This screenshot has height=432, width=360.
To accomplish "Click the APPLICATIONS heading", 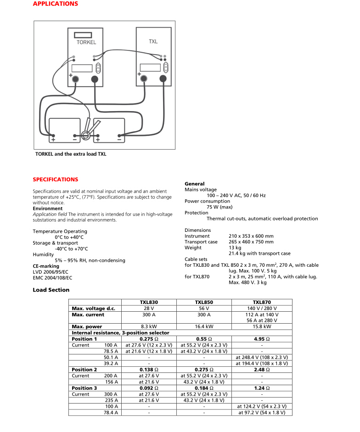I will pyautogui.click(x=55, y=4).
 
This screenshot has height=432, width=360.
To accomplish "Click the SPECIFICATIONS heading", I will pyautogui.click(x=55, y=180).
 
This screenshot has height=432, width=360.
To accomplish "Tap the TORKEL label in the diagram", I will pyautogui.click(x=86, y=42).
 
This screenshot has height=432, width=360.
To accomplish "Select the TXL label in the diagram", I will pyautogui.click(x=153, y=41).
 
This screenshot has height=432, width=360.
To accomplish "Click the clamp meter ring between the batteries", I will pyautogui.click(x=85, y=135).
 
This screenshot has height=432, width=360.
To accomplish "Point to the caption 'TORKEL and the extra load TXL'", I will pyautogui.click(x=71, y=154).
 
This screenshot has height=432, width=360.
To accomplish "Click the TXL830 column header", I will pyautogui.click(x=149, y=303).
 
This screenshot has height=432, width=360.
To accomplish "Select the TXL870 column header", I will pyautogui.click(x=261, y=303).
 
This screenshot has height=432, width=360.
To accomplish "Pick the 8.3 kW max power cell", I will pyautogui.click(x=149, y=326).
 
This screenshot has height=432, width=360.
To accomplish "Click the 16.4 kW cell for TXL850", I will pyautogui.click(x=204, y=326).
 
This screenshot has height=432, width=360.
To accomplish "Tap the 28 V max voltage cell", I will pyautogui.click(x=149, y=309).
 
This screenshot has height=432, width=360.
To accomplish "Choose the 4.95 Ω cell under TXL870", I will pyautogui.click(x=261, y=339).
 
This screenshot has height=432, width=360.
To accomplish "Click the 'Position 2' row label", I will pyautogui.click(x=84, y=369).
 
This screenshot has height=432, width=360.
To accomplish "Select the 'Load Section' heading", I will pyautogui.click(x=51, y=290).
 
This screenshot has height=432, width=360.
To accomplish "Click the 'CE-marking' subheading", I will pyautogui.click(x=46, y=266).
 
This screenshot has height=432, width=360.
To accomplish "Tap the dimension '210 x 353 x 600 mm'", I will pyautogui.click(x=251, y=236).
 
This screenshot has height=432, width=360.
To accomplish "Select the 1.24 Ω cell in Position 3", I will pyautogui.click(x=261, y=388).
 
